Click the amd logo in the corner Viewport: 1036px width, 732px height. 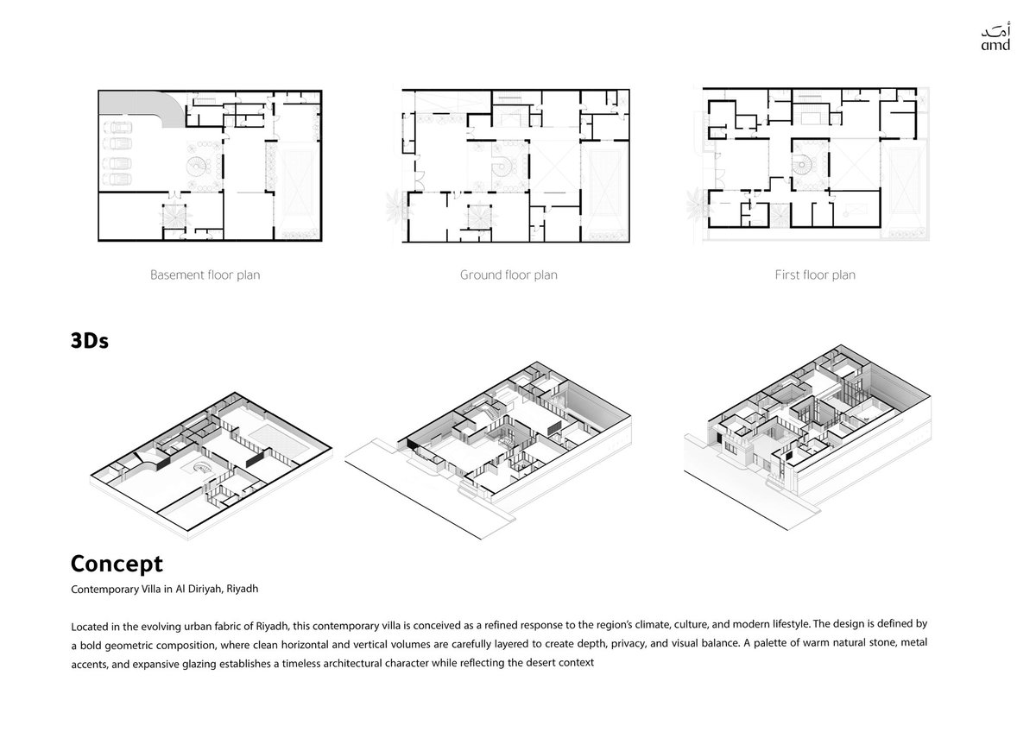click(995, 36)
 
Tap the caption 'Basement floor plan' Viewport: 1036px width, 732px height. click(205, 275)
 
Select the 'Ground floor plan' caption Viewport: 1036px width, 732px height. click(509, 275)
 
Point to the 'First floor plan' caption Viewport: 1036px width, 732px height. click(815, 275)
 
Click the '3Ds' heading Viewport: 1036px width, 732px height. click(90, 341)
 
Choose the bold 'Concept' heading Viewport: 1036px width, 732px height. click(117, 564)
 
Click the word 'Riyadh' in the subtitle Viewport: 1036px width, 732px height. click(243, 589)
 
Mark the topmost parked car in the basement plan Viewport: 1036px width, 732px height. click(117, 127)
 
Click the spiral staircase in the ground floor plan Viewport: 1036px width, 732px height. click(502, 166)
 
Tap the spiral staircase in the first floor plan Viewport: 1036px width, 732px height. click(804, 164)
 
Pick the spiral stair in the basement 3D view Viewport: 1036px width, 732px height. click(203, 468)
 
